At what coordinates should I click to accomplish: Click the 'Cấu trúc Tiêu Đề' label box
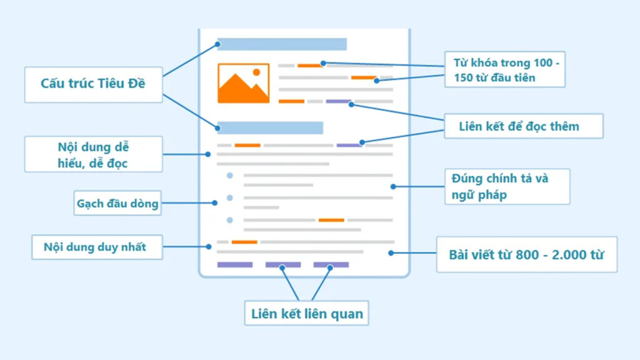tap(93, 83)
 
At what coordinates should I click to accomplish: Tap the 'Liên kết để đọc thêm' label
tap(522, 126)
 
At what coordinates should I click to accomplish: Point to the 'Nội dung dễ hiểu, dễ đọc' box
tap(93, 154)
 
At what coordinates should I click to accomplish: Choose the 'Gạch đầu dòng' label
tap(117, 203)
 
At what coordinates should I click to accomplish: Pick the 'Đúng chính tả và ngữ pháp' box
tap(507, 186)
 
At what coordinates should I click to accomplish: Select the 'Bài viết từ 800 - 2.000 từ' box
tap(526, 254)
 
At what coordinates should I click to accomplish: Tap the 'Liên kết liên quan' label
tap(306, 313)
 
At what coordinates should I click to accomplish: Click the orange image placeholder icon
tap(243, 83)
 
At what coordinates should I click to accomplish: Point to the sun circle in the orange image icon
tap(256, 72)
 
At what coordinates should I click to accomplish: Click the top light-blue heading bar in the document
tap(282, 44)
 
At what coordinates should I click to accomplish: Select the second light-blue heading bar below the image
tap(270, 128)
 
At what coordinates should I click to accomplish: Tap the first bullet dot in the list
tap(230, 176)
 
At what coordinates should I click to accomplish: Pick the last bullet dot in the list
tap(230, 220)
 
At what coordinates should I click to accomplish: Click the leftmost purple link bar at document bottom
tap(235, 265)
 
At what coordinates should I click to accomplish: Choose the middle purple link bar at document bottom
tap(283, 265)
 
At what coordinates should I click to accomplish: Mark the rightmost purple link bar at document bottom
tap(331, 265)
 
